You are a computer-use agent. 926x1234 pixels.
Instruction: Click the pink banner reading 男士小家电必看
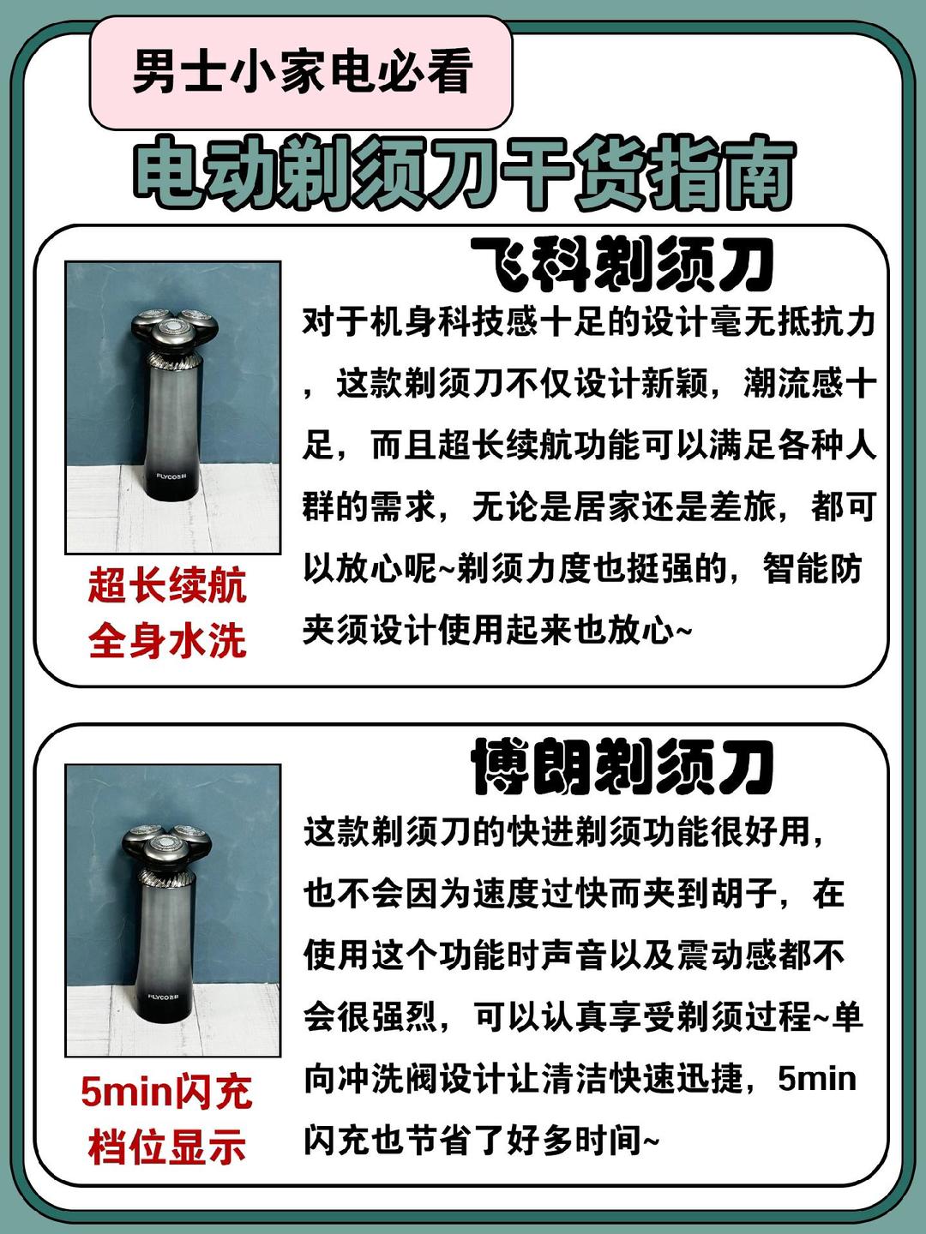click(302, 72)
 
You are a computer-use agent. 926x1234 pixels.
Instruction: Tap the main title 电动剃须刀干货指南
click(464, 176)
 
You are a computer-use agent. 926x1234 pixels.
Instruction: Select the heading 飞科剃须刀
click(622, 266)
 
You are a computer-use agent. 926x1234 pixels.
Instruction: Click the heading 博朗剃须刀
click(622, 768)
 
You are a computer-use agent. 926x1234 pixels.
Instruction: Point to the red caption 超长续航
click(167, 586)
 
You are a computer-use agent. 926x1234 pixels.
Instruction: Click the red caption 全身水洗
click(167, 641)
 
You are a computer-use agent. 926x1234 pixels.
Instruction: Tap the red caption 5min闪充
click(166, 1092)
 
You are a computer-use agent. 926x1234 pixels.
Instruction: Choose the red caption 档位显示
click(167, 1147)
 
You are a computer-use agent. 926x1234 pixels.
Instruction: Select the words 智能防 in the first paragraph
click(812, 569)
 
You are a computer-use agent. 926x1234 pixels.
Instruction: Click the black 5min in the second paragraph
click(817, 1078)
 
